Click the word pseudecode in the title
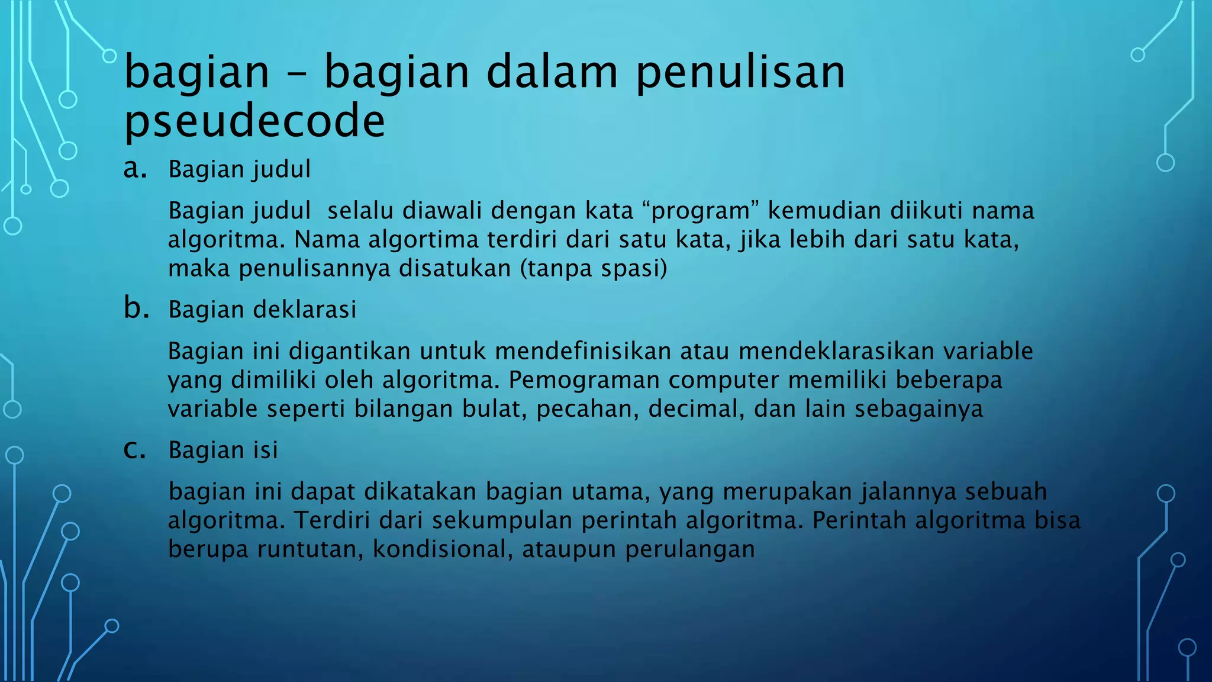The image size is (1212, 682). pyautogui.click(x=254, y=121)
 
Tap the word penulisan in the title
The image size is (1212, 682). pyautogui.click(x=740, y=72)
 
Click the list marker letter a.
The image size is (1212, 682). pyautogui.click(x=135, y=168)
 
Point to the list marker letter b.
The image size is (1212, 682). pyautogui.click(x=136, y=308)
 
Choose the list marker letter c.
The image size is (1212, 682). pyautogui.click(x=134, y=449)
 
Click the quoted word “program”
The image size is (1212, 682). pyautogui.click(x=696, y=211)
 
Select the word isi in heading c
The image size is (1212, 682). pyautogui.click(x=266, y=450)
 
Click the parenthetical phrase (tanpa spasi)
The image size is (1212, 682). pyautogui.click(x=594, y=268)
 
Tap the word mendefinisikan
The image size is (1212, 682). pyautogui.click(x=583, y=351)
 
